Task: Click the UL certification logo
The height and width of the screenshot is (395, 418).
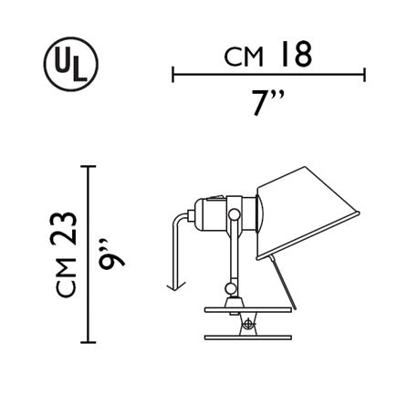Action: tap(71, 64)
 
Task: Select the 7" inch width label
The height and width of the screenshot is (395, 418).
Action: tap(268, 102)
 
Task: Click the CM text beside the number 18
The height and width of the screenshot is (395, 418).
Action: tap(244, 57)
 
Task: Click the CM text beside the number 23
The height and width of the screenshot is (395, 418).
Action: tap(66, 277)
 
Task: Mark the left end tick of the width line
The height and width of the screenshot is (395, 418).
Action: tap(172, 74)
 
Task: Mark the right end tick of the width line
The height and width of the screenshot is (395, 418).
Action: tap(364, 74)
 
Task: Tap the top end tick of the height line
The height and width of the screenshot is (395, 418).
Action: tap(89, 166)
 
